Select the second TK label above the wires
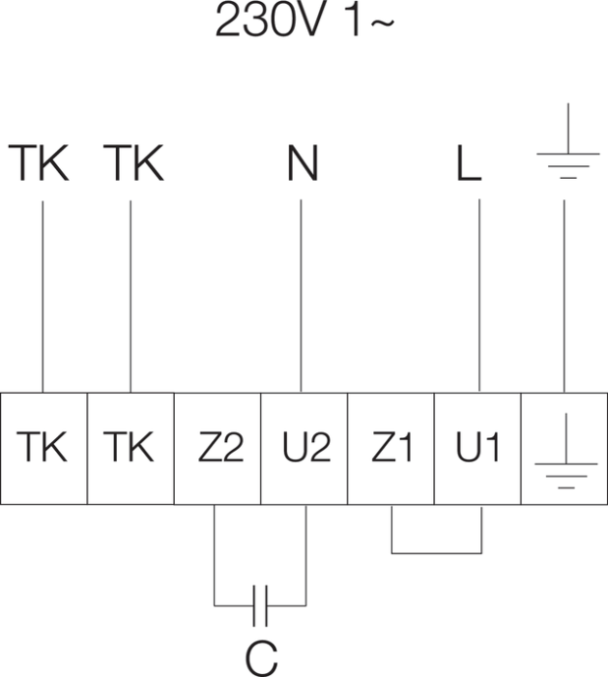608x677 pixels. pos(133,165)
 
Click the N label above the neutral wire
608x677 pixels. pos(302,165)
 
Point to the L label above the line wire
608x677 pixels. pos(468,165)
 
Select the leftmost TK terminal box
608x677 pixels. pos(43,448)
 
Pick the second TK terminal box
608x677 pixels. pos(130,448)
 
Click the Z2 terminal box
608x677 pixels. pos(217,448)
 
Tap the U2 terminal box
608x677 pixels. pos(304,448)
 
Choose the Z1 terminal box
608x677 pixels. pos(391,448)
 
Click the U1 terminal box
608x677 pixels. pos(478,448)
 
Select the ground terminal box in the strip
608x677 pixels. pos(565,448)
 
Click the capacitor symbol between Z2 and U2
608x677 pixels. pos(259,605)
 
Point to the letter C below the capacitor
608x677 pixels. pos(260,657)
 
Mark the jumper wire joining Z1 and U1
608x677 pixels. pos(436,552)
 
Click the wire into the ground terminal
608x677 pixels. pos(564,290)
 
